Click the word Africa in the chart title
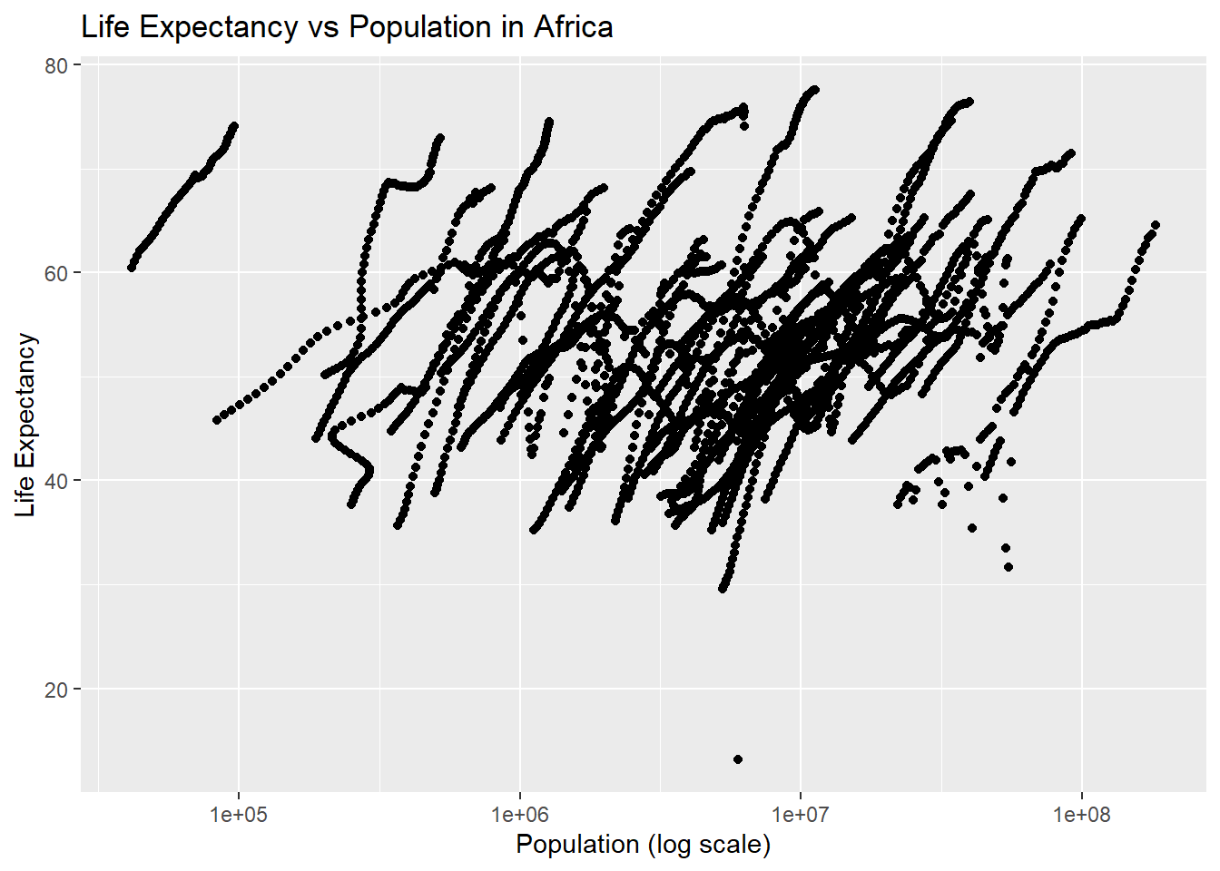[x=573, y=27]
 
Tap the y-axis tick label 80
[x=57, y=65]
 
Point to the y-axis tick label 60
[x=57, y=273]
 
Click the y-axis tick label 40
[x=57, y=481]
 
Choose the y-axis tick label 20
[x=57, y=689]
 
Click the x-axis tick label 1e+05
[x=239, y=814]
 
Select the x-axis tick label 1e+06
[x=519, y=814]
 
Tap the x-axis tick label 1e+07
[x=801, y=814]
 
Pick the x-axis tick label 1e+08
[x=1082, y=814]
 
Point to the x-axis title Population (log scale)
[x=643, y=845]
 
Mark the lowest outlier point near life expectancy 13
[x=738, y=759]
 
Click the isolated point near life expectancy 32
[x=1008, y=567]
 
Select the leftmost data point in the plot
[x=132, y=268]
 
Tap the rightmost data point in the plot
[x=1156, y=224]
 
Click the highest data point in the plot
[x=814, y=90]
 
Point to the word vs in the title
[x=323, y=27]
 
